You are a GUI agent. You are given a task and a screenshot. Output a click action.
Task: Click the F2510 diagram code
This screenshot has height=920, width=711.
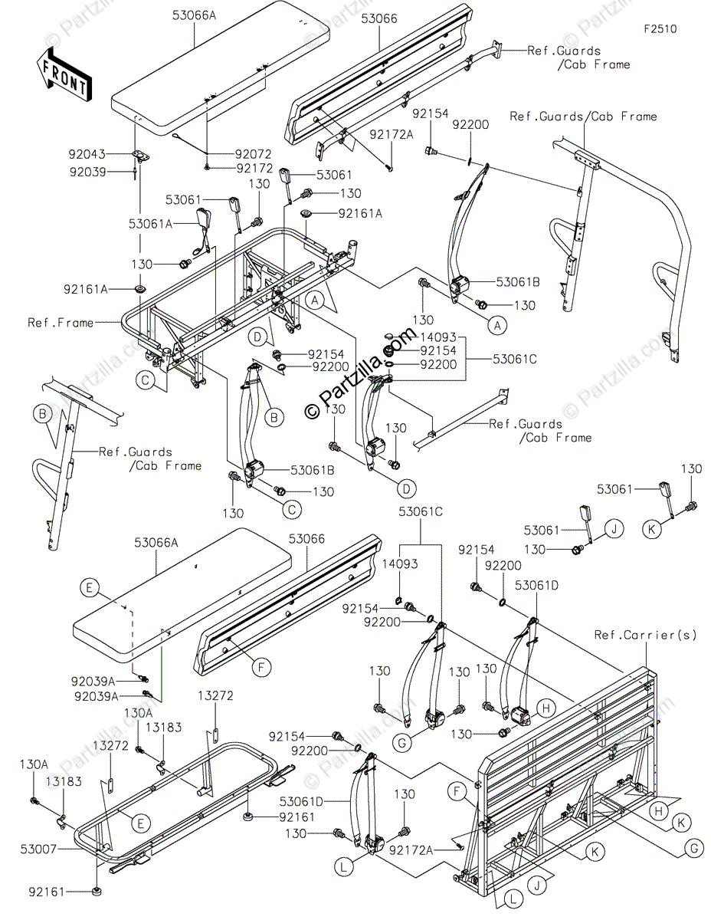660,29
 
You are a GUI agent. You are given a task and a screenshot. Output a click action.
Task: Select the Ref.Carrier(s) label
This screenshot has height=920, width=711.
635,635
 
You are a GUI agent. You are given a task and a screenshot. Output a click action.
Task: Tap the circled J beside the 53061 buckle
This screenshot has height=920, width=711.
614,527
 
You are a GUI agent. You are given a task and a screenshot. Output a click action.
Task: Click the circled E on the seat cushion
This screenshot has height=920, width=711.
90,588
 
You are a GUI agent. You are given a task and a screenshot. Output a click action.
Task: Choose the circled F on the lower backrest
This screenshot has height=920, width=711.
260,668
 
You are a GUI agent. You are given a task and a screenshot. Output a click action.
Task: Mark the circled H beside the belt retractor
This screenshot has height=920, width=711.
546,708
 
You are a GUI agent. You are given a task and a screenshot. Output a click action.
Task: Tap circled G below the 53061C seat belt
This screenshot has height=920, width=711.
423,744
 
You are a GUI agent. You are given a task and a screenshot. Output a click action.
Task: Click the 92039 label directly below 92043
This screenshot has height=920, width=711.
89,172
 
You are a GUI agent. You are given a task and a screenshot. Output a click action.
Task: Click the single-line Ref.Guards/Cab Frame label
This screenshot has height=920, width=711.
583,117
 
